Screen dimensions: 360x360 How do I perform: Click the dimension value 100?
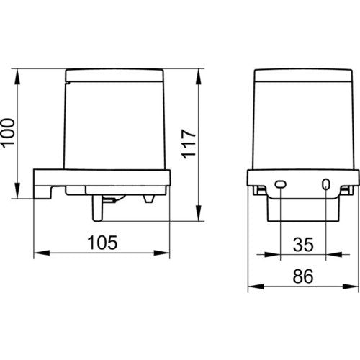[x=8, y=132]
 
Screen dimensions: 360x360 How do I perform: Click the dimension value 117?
[x=189, y=144]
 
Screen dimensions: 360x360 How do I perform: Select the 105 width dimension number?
[x=102, y=243]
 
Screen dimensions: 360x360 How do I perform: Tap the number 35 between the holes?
[x=303, y=245]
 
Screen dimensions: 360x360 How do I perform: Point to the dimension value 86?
[x=303, y=276]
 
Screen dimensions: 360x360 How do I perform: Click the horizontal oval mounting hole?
[x=280, y=184]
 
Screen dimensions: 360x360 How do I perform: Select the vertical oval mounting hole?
[x=325, y=184]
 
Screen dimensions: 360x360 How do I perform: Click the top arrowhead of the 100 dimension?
[x=17, y=76]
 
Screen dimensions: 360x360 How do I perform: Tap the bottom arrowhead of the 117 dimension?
[x=199, y=213]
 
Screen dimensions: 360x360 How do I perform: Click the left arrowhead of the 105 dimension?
[x=42, y=253]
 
